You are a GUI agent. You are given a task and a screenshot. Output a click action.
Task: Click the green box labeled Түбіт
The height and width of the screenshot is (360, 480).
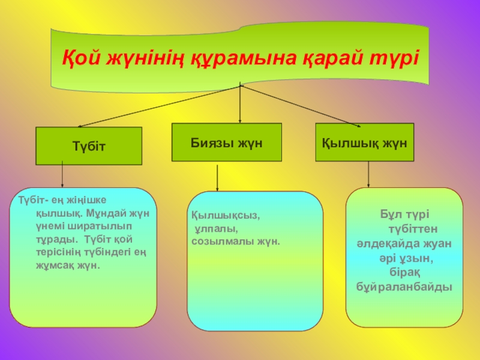pos(89,146)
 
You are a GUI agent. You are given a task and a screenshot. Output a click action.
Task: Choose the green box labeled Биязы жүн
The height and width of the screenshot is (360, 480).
pos(227,142)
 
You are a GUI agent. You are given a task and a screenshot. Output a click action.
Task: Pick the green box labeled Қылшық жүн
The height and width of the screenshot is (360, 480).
pos(365,142)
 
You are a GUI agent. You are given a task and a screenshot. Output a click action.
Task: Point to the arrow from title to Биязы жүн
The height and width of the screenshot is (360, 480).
pos(241,105)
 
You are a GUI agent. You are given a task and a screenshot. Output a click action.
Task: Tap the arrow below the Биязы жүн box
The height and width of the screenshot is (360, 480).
pos(217,178)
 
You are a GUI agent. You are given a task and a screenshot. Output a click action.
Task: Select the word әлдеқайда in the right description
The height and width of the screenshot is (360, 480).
pos(382,243)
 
